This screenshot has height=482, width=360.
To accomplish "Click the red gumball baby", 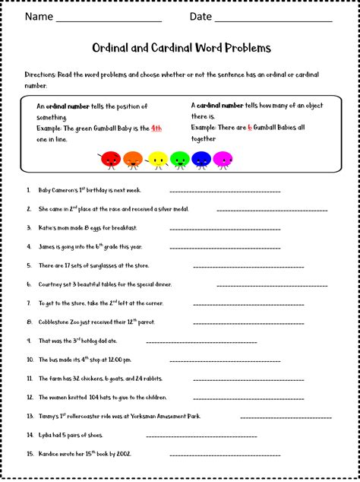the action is point(110,160).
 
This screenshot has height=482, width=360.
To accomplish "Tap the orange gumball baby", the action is point(133,160).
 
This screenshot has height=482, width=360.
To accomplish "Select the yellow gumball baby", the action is point(157,160).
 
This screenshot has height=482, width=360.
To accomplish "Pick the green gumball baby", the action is point(179,160).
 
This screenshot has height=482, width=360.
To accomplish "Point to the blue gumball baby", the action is point(201,160).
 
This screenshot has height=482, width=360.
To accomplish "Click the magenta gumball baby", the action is point(223,160).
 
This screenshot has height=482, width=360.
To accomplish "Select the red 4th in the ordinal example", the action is point(156,128).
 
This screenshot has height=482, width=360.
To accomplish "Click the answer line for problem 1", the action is point(225,192).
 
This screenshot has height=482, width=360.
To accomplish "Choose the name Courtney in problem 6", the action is point(51,285).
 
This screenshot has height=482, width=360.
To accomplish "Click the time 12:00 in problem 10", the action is point(116,360).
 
